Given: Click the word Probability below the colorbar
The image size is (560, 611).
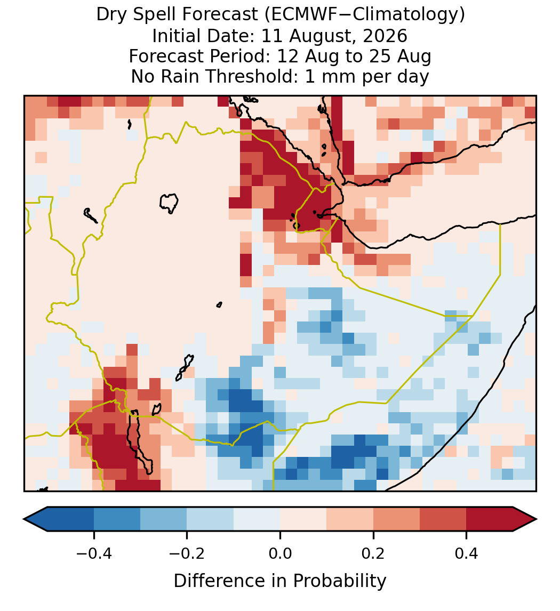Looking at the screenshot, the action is click(x=340, y=581).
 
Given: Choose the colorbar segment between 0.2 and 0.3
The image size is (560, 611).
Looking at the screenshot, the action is click(x=396, y=519).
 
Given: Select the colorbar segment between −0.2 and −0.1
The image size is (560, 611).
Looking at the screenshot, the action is click(x=210, y=519).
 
